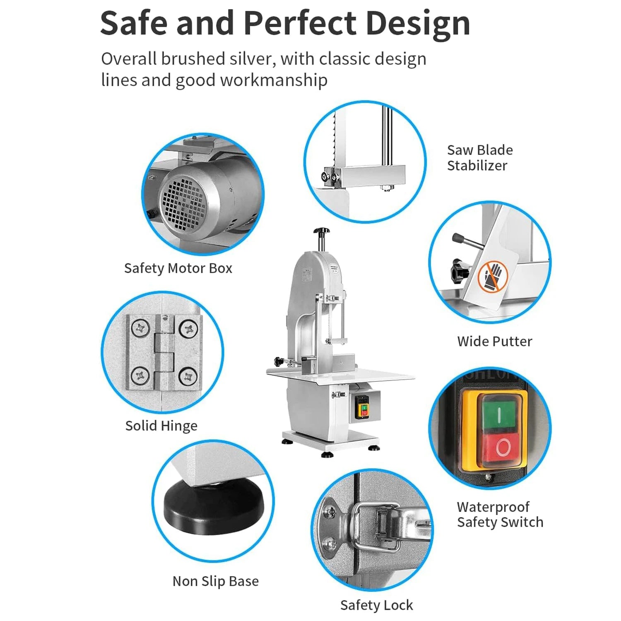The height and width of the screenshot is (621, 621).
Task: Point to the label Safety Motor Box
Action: click(x=178, y=268)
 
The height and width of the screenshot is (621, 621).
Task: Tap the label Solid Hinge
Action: click(x=161, y=426)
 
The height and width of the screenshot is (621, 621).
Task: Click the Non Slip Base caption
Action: click(x=216, y=581)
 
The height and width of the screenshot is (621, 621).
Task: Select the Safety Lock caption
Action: click(x=377, y=605)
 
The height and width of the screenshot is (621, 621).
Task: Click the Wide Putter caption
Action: click(x=495, y=341)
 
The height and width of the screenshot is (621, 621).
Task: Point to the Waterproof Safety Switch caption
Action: click(x=500, y=514)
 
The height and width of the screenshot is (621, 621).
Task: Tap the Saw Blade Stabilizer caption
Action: click(x=480, y=158)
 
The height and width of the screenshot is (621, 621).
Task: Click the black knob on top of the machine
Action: click(x=321, y=231)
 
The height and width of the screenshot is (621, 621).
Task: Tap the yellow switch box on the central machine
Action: click(x=362, y=407)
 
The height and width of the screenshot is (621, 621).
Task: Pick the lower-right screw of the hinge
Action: click(x=188, y=376)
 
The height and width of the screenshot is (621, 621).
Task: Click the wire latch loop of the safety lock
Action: click(x=373, y=526)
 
